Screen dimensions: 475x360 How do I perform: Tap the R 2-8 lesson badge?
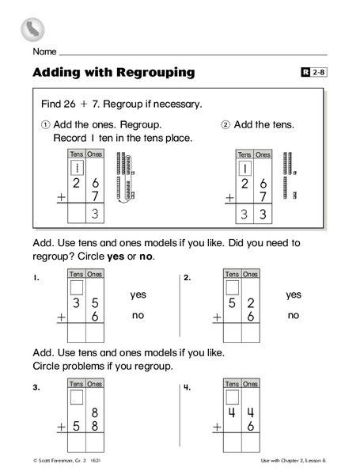[x=313, y=73]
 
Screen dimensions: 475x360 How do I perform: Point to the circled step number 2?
[x=225, y=125]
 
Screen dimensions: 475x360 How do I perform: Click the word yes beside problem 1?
[x=138, y=294]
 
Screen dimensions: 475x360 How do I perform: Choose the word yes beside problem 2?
[x=294, y=294]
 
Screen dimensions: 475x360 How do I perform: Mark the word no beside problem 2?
[x=294, y=315]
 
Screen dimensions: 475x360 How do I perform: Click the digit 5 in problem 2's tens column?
[x=233, y=303]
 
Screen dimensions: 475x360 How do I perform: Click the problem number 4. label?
[x=187, y=387]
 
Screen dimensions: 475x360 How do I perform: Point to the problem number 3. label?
[x=36, y=387]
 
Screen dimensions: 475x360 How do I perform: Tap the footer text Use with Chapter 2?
[x=292, y=460]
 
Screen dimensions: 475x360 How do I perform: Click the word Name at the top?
[x=44, y=51]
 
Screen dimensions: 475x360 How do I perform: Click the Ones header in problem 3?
[x=96, y=384]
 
